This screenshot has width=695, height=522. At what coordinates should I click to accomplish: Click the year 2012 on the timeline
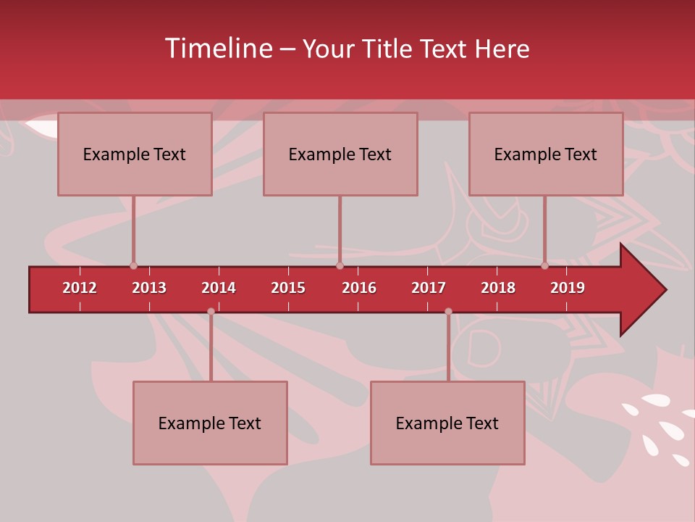80,288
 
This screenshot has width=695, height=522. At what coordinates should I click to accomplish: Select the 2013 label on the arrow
149,288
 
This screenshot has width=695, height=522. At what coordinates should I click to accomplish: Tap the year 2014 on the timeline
219,288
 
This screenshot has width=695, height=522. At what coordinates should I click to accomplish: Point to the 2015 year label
288,288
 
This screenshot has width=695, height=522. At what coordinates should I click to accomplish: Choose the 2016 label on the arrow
359,288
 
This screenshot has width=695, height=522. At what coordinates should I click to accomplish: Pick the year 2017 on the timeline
429,288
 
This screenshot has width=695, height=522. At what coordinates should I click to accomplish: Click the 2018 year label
498,288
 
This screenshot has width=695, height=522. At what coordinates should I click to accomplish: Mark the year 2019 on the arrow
568,288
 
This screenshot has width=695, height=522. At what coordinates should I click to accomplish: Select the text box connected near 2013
135,154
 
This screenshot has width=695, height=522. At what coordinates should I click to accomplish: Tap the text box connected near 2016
340,154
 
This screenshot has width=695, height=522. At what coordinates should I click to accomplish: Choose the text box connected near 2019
546,154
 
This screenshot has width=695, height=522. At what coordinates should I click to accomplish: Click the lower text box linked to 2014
210,423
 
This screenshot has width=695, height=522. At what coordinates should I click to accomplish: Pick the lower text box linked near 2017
447,423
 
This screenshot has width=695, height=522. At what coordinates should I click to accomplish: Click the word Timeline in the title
219,49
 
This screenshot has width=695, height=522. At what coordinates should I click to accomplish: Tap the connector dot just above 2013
133,266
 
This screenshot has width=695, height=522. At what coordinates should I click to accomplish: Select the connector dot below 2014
211,312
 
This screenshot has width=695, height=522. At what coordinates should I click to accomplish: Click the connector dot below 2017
448,312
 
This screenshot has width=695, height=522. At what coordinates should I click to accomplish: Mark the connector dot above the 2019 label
544,266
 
